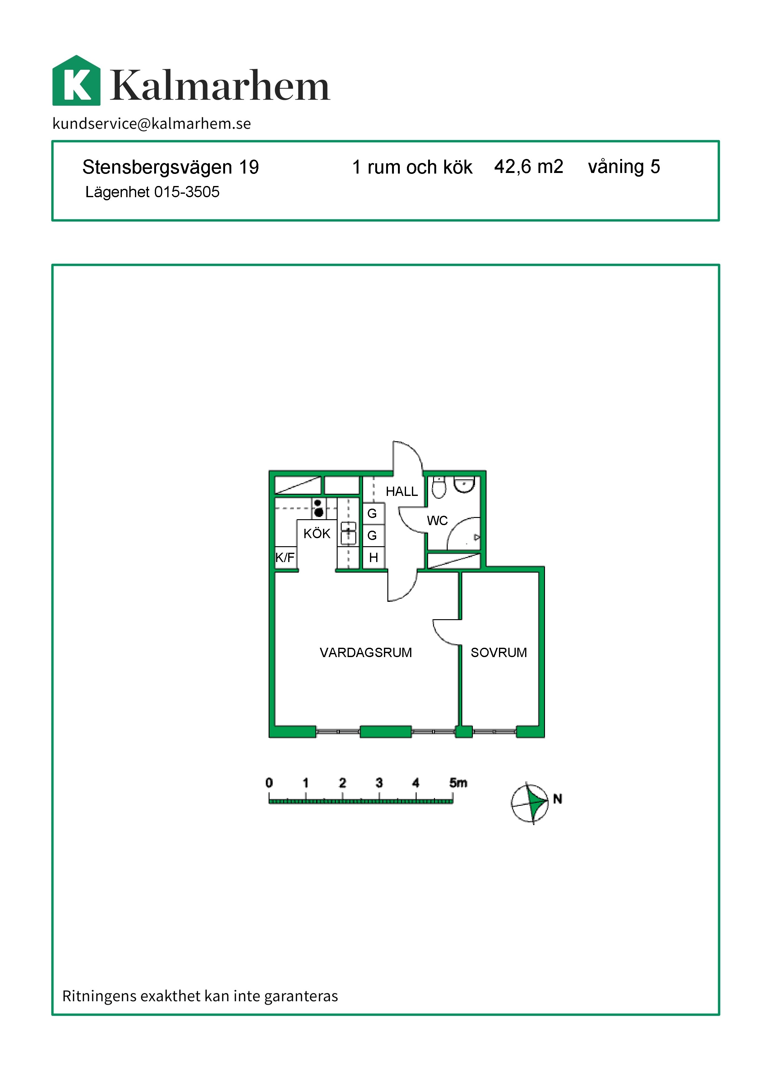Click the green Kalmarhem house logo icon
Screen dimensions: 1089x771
[x=76, y=81]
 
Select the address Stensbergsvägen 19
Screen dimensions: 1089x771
[x=170, y=167]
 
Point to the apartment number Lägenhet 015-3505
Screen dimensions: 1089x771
[x=152, y=192]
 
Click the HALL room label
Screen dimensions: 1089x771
[x=401, y=491]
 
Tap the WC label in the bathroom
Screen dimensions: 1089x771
[x=437, y=521]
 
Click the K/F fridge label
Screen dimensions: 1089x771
[x=285, y=557]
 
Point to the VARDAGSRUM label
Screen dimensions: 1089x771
[x=366, y=653]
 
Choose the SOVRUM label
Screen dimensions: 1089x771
[x=498, y=653]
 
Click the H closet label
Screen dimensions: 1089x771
[x=374, y=557]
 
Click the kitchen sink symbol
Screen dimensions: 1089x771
[x=349, y=533]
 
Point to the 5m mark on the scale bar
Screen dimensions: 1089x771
[x=458, y=783]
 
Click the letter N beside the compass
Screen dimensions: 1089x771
[x=557, y=799]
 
